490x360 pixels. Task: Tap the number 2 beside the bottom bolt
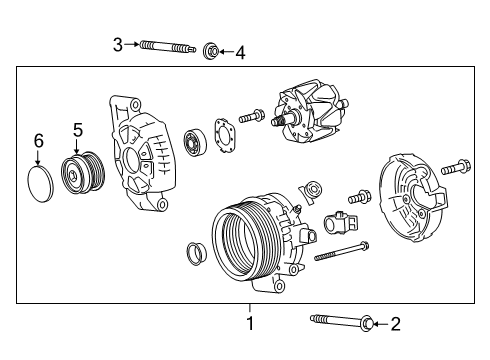395,323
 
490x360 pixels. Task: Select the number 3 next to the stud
117,45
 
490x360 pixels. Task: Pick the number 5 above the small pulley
78,128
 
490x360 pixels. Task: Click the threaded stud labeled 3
165,46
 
